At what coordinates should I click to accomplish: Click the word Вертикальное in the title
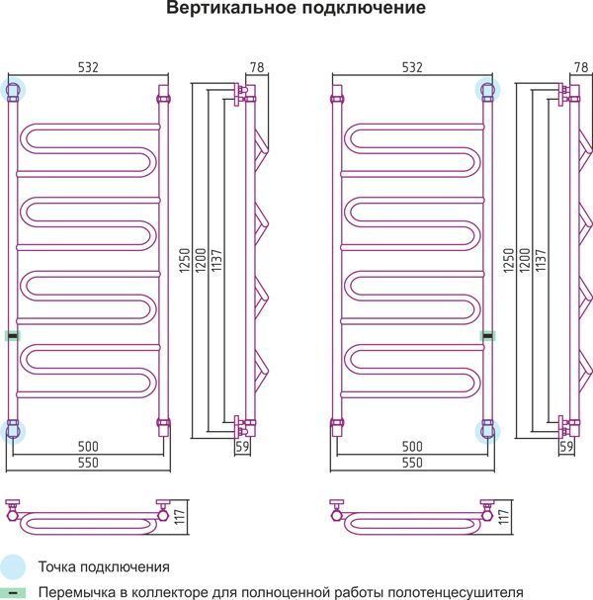tap(230, 8)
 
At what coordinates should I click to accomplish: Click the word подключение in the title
tap(364, 8)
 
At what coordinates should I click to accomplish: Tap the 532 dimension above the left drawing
tap(88, 67)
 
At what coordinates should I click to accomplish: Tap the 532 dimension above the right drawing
tap(412, 67)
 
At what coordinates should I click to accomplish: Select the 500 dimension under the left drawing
tap(88, 446)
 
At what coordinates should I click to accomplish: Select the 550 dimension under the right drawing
tap(412, 463)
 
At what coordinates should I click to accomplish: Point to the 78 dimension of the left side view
tap(257, 67)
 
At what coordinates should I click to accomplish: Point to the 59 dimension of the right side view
tap(566, 446)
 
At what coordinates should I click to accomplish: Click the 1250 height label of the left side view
tap(185, 261)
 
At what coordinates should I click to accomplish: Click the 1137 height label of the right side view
tap(541, 261)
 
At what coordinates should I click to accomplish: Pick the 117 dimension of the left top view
tap(180, 517)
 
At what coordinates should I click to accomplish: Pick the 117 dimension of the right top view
tap(504, 517)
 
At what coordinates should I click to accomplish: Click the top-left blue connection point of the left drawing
tap(13, 90)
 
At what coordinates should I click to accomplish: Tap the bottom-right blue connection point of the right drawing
tap(488, 431)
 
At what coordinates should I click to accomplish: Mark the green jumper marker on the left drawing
tap(13, 336)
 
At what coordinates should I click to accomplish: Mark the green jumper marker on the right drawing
tap(488, 336)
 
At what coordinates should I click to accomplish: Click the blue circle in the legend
tap(12, 566)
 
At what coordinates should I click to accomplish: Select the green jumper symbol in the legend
tap(12, 593)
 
